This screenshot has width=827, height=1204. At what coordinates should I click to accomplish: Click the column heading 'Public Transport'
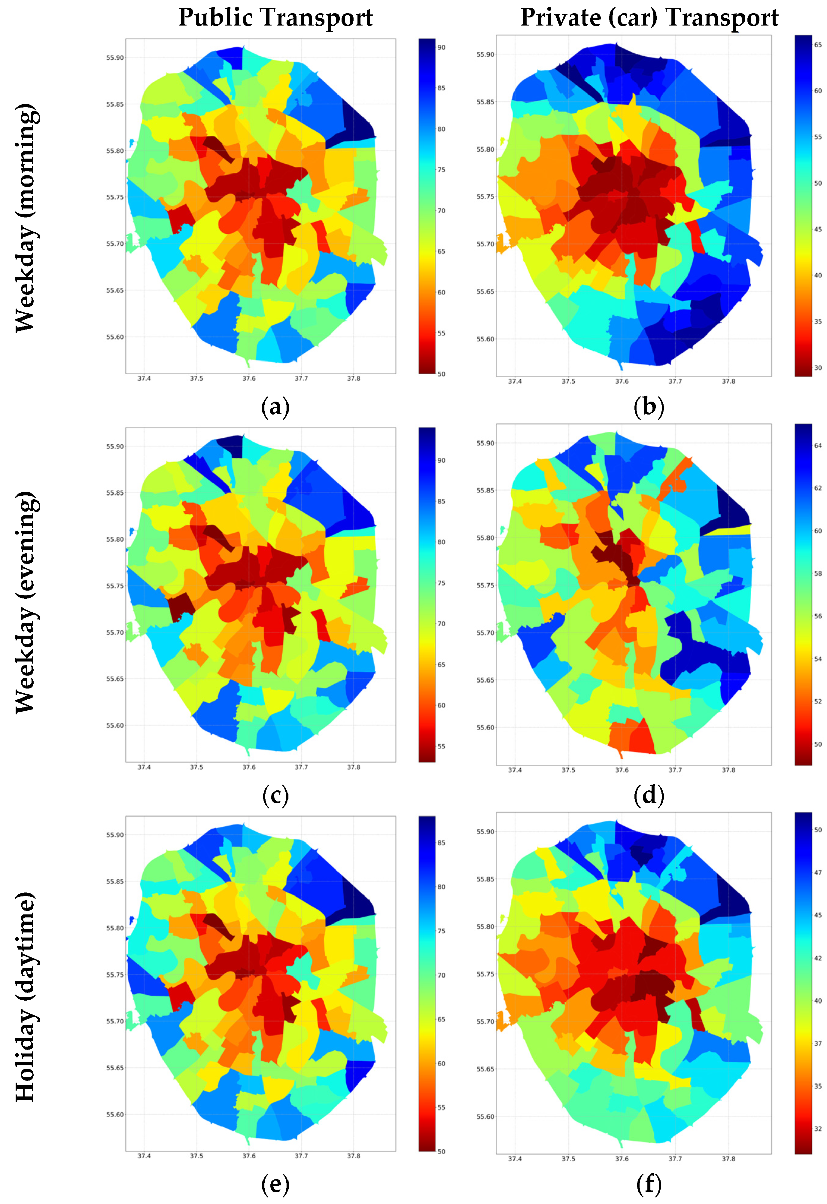tap(275, 18)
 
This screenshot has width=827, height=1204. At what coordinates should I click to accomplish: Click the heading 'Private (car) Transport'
tap(649, 18)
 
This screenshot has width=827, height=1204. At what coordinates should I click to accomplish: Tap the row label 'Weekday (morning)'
tap(25, 218)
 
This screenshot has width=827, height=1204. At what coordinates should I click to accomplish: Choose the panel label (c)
tap(275, 795)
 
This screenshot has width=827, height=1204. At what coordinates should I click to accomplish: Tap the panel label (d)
tap(649, 795)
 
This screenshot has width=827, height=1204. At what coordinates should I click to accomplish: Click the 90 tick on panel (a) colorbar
tap(441, 47)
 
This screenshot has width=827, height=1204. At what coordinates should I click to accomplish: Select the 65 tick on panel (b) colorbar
tap(818, 45)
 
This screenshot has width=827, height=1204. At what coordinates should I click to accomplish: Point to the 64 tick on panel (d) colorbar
tap(818, 445)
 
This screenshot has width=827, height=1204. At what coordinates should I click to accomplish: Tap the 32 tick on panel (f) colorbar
tap(818, 1129)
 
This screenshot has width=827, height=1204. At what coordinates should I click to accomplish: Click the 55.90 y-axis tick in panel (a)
tap(115, 57)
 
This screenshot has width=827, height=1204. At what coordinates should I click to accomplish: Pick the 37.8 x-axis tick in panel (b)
tap(728, 381)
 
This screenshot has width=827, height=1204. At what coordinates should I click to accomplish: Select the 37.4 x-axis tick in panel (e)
tap(144, 1156)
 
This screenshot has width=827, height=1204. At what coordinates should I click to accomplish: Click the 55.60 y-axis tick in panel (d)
tap(485, 727)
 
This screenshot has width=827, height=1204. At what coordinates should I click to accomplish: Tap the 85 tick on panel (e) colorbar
tap(441, 843)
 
